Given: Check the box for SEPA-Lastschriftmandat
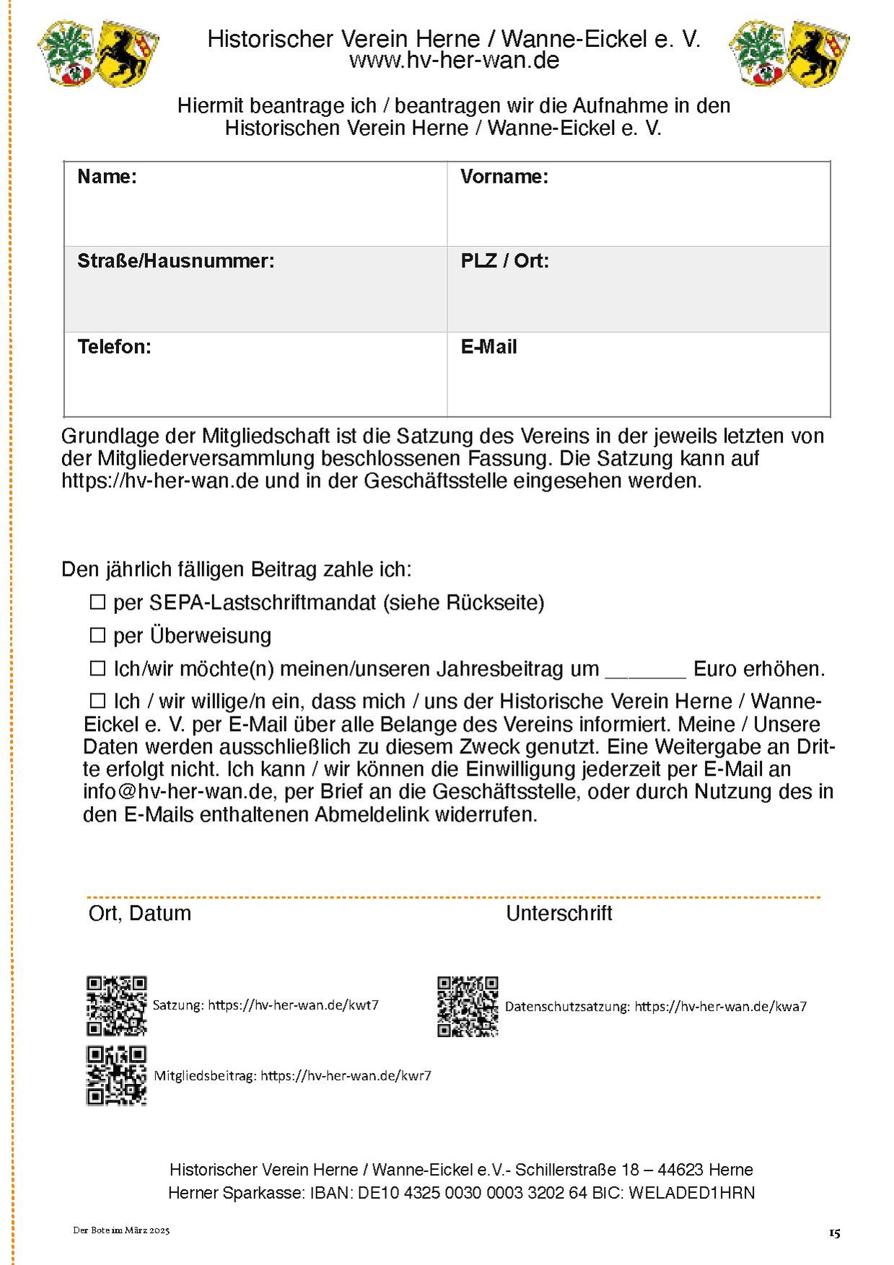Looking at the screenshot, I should pos(97,602).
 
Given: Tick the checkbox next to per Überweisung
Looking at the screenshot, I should pos(97,635).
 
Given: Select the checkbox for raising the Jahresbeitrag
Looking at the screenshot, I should pos(97,668).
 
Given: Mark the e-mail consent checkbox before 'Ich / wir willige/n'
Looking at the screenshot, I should pos(97,701).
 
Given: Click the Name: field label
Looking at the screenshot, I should pos(107,177).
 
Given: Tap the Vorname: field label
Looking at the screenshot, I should pos(504,177).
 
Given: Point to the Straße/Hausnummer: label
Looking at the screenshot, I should pos(175,261).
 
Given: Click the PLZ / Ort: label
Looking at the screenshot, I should pos(504,261).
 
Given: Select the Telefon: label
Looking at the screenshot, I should pos(114,347).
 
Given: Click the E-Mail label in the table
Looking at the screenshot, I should pos(488,347).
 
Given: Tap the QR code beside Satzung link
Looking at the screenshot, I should pos(116,1006).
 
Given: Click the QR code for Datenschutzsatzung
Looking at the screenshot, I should pos(468,1007).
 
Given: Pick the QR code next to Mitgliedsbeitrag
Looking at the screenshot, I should pos(116,1075).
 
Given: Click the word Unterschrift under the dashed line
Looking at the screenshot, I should pos(558,914).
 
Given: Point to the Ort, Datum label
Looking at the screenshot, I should pos(139,914).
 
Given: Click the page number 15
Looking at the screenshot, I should pos(834,1233).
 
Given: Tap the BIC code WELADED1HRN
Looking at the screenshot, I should pos(691,1193).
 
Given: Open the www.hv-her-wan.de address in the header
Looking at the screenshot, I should pos(454,61).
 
